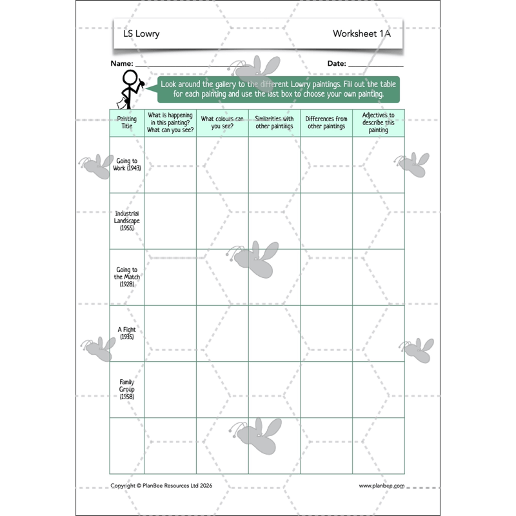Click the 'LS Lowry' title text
click(x=141, y=34)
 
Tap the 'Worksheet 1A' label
click(x=361, y=34)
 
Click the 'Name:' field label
click(x=122, y=64)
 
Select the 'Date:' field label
click(x=337, y=64)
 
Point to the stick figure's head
click(x=130, y=77)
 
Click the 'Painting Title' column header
click(x=126, y=123)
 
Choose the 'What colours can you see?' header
click(x=222, y=123)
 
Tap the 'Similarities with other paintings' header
click(x=274, y=123)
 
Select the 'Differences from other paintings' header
click(x=326, y=123)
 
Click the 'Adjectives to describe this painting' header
click(x=378, y=123)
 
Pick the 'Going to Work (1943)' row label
click(x=126, y=164)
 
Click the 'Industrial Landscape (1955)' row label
click(x=126, y=221)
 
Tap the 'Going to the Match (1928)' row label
click(x=126, y=277)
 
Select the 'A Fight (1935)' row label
click(x=126, y=333)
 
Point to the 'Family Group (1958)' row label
click(x=126, y=389)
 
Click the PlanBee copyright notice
click(x=161, y=486)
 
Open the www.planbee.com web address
click(x=381, y=486)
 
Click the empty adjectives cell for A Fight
click(x=378, y=333)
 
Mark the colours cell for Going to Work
click(x=222, y=164)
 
